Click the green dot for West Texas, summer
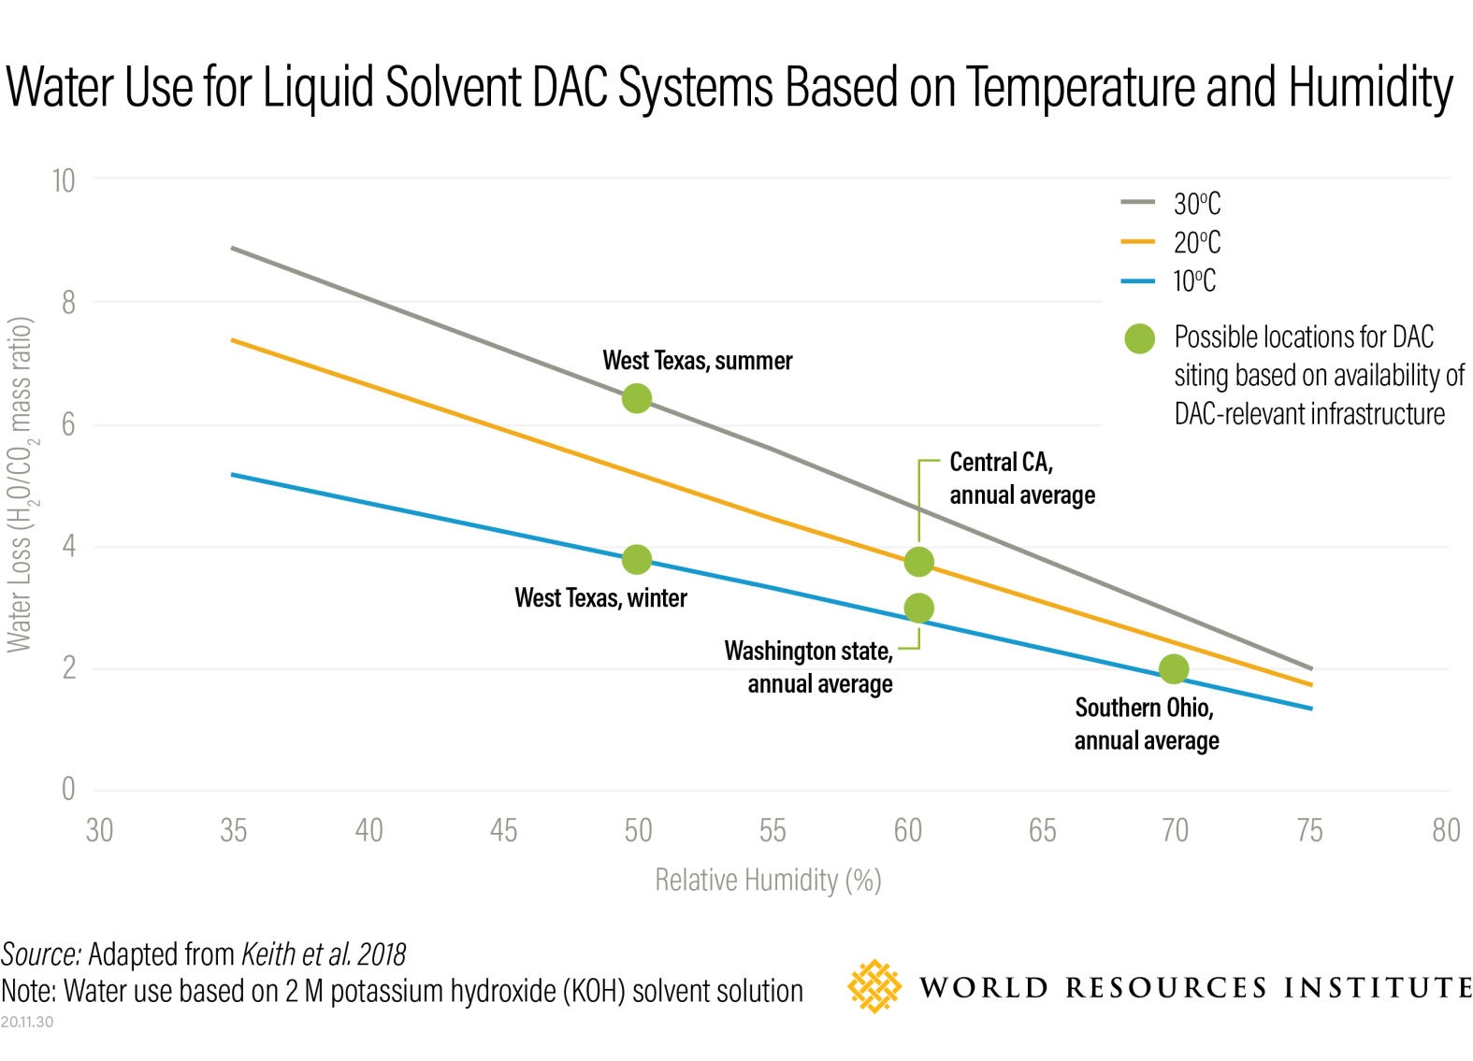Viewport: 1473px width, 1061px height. click(x=636, y=399)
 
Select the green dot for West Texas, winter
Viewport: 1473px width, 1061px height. click(x=636, y=560)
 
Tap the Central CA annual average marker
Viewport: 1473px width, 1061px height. click(x=918, y=562)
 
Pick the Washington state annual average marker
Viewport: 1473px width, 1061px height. click(x=918, y=609)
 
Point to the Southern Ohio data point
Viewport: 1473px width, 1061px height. click(x=1173, y=669)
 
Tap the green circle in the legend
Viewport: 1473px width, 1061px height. click(x=1139, y=338)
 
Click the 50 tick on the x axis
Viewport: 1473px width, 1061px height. click(x=638, y=830)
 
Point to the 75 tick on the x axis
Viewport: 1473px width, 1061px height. click(x=1309, y=830)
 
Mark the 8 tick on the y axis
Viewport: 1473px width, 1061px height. click(x=68, y=303)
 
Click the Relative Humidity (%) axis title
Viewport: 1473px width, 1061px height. click(x=767, y=881)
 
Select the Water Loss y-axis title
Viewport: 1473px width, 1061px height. click(x=21, y=484)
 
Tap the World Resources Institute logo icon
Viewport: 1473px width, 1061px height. click(x=874, y=986)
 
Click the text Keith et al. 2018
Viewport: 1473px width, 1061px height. click(x=324, y=954)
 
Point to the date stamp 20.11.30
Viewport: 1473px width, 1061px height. click(x=27, y=1022)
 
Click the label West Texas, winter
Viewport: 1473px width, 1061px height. click(x=600, y=598)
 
